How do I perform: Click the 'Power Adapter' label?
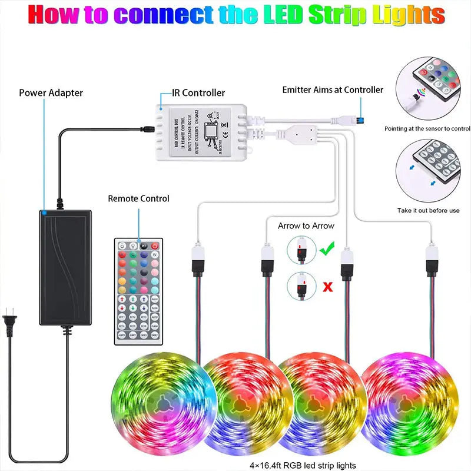point(51,93)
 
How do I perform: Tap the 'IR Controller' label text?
point(198,93)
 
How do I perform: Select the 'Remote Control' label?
point(138,199)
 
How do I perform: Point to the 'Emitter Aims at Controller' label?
point(333,90)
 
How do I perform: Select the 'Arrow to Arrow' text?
point(306,226)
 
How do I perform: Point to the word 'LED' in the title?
point(281,15)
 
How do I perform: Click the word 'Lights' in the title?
point(406,15)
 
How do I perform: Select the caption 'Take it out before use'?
point(428,210)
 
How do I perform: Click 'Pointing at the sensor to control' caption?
point(427,128)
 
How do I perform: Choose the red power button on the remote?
point(155,246)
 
